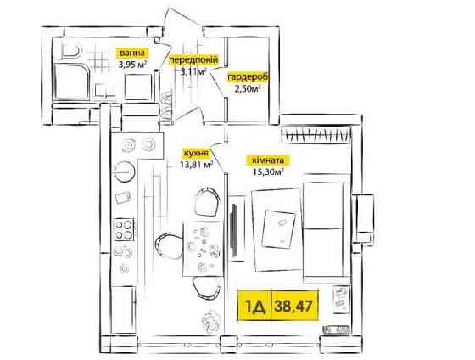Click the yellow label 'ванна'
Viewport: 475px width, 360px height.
click(131, 53)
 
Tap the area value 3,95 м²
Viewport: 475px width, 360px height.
click(132, 65)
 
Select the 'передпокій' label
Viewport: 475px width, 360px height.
click(193, 59)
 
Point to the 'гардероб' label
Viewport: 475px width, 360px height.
click(248, 77)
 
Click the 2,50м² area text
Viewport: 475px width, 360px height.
click(248, 89)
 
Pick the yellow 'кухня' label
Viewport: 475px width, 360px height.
click(196, 153)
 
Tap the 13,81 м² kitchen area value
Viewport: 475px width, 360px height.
click(196, 165)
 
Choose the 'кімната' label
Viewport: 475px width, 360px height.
click(268, 160)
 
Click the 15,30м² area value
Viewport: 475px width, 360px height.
click(268, 172)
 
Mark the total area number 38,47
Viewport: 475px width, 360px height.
click(293, 306)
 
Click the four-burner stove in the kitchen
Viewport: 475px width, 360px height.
click(124, 229)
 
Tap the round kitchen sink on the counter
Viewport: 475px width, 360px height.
click(124, 172)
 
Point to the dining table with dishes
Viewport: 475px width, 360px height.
click(203, 249)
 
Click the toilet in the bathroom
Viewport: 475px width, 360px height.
click(71, 50)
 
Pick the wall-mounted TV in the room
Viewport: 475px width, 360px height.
click(233, 229)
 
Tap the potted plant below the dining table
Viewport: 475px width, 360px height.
click(210, 320)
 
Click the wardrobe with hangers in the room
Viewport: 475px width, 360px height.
click(316, 133)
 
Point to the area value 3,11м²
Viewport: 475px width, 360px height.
click(193, 71)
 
